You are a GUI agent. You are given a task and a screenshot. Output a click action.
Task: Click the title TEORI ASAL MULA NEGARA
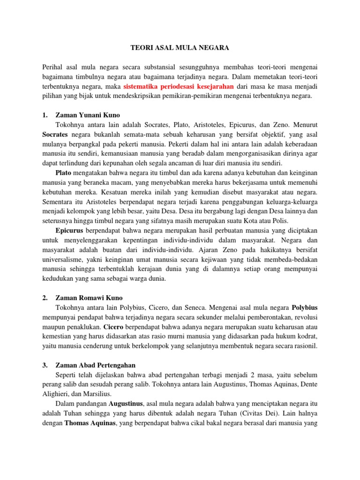click(180, 47)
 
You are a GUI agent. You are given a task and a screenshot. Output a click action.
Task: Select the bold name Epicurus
click(69, 231)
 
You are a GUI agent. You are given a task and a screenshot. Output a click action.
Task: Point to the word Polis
click(279, 221)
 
